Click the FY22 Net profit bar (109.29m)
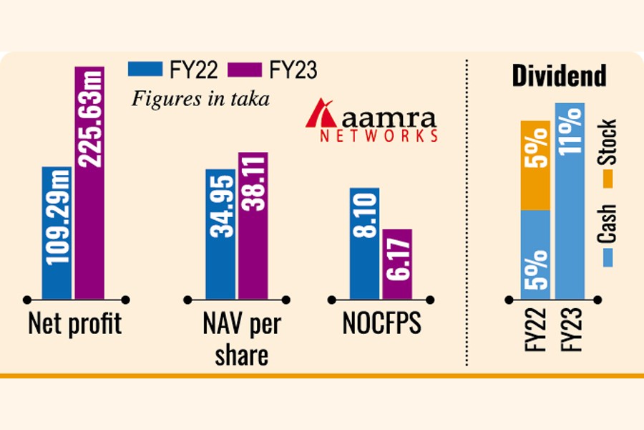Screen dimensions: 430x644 pos(57,232)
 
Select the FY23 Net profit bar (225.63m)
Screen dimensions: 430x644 pos(90,182)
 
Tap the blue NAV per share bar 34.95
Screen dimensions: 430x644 pos(220,234)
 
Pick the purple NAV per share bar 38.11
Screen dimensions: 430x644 pos(253,225)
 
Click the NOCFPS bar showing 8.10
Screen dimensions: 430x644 pos(365,242)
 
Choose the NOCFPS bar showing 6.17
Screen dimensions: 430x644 pos(397,263)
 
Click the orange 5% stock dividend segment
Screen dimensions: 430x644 pos(535,166)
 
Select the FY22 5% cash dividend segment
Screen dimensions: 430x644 pos(535,254)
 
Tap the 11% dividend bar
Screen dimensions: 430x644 pos(570,201)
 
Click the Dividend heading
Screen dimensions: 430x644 pos(559,76)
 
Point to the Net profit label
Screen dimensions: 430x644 pos(75,325)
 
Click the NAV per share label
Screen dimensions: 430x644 pos(241,339)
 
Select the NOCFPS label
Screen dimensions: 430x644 pos(381,325)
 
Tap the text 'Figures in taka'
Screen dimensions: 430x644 pos(200,99)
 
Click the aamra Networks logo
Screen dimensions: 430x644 pos(371,123)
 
